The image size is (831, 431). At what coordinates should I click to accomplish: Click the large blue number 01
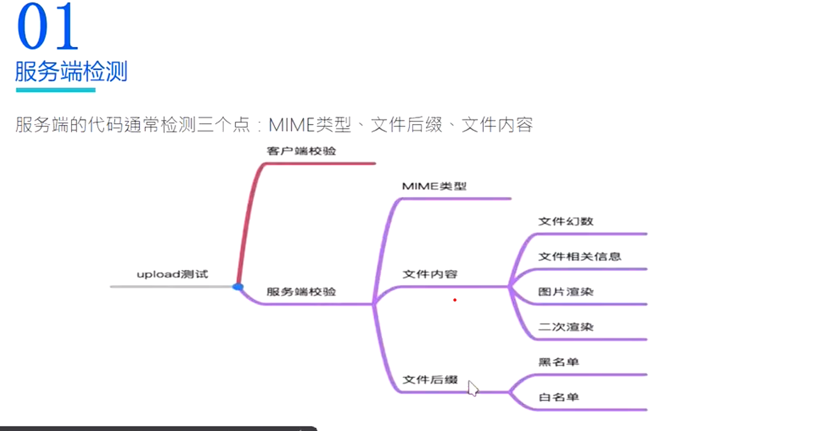click(48, 27)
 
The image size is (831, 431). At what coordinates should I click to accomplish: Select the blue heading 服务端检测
click(71, 72)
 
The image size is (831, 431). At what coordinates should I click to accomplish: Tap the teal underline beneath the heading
click(56, 90)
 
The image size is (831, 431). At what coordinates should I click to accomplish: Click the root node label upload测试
click(172, 274)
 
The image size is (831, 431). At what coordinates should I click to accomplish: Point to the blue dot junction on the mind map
click(238, 286)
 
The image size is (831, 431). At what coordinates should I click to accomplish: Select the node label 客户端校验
click(301, 151)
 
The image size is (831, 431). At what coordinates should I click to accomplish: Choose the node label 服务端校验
click(301, 292)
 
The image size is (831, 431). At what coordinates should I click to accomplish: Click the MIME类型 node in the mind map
click(434, 187)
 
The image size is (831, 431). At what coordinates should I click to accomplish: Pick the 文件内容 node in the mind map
click(430, 274)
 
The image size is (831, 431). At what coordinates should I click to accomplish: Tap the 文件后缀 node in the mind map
click(430, 380)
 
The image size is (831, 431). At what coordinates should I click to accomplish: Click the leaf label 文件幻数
click(566, 222)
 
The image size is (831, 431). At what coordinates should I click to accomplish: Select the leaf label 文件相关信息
click(579, 256)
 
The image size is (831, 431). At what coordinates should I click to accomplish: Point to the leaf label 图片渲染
click(566, 292)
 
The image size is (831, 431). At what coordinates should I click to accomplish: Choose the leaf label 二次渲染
click(566, 327)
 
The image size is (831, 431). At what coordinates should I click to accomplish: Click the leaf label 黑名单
click(559, 362)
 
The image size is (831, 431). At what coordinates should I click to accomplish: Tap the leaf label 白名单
click(559, 397)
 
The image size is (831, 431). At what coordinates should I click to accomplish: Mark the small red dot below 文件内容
click(454, 300)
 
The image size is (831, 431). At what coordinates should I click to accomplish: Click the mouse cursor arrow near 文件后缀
click(473, 388)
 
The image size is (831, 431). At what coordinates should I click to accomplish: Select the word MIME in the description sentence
click(291, 125)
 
